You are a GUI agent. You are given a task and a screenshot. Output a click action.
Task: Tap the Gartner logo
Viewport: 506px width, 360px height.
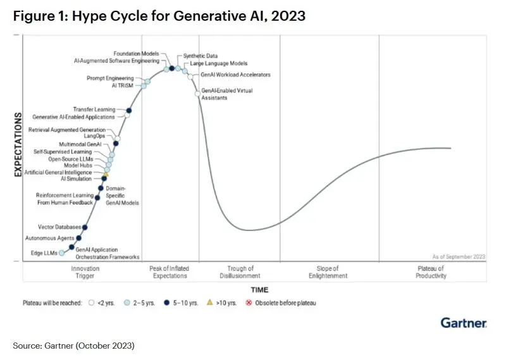click(x=464, y=323)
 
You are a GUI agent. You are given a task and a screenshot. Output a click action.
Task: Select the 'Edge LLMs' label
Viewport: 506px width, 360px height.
click(x=44, y=253)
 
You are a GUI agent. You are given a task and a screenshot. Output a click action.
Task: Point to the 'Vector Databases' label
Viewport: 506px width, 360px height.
click(x=59, y=227)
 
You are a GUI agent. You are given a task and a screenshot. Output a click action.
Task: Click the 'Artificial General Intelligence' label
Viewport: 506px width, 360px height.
click(x=58, y=172)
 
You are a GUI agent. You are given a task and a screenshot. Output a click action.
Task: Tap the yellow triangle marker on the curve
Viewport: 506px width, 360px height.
click(x=106, y=173)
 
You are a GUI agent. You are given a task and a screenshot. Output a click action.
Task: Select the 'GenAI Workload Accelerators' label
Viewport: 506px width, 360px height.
click(x=235, y=75)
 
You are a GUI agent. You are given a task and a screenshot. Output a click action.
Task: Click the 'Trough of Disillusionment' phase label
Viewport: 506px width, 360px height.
click(x=240, y=272)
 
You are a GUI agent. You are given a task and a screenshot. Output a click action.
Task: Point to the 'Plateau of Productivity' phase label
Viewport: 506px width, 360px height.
click(x=431, y=272)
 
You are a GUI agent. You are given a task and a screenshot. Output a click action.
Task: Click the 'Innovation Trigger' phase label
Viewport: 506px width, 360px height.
click(x=85, y=272)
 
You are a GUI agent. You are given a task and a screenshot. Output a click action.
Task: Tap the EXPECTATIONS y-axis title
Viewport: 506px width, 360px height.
click(x=18, y=146)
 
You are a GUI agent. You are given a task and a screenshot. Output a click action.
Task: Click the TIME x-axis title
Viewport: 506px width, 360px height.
click(x=259, y=289)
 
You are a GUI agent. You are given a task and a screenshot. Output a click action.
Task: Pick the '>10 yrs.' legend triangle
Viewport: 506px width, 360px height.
click(x=210, y=303)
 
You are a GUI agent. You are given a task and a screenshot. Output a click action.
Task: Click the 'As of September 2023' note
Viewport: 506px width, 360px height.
click(x=459, y=256)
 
